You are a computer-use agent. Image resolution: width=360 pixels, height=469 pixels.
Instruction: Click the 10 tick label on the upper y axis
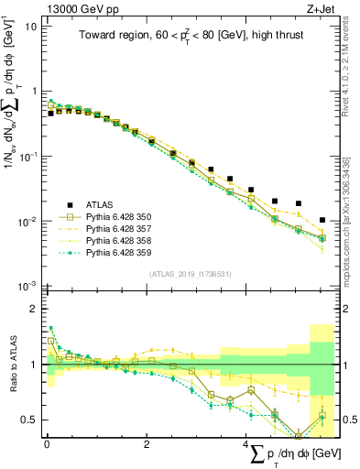[31, 26]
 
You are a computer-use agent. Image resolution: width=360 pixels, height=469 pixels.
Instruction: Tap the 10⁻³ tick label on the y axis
[27, 287]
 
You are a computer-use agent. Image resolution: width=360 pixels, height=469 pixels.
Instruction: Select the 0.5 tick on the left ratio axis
[33, 420]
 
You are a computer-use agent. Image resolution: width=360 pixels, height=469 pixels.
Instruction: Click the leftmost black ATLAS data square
[51, 114]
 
